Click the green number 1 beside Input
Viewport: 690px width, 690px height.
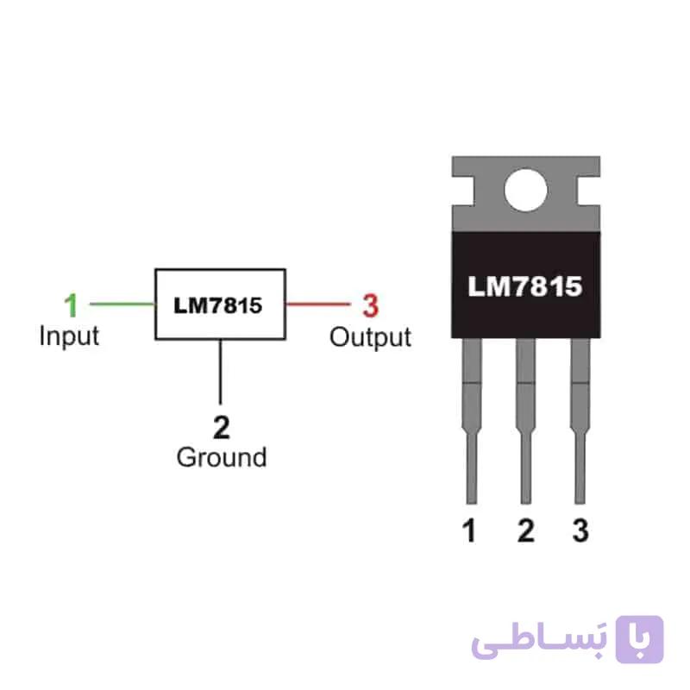[72, 304]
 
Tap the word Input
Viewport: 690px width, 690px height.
[69, 337]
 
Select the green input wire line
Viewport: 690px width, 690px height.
[122, 304]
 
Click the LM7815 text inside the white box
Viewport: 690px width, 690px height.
[218, 305]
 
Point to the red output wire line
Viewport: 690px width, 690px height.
[318, 304]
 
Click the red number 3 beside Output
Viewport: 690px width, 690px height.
[371, 305]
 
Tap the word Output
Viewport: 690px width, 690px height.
[371, 338]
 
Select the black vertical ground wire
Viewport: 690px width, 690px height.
[221, 372]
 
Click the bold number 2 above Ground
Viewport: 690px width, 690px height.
[222, 427]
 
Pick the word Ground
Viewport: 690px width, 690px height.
[222, 457]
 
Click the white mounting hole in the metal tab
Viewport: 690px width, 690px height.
[526, 190]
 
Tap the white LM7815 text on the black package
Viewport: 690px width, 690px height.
[525, 286]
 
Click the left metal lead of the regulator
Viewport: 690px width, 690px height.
[472, 421]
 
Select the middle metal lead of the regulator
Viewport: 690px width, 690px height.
[526, 421]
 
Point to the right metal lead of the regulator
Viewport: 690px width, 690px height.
[580, 421]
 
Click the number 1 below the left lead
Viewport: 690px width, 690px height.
[469, 530]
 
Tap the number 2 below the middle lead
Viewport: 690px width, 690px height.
[526, 530]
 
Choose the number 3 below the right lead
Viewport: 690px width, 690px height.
[580, 530]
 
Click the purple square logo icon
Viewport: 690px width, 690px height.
[639, 639]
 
